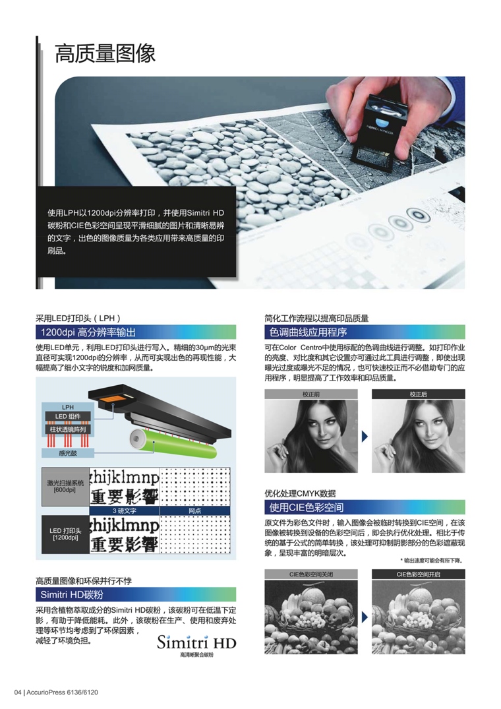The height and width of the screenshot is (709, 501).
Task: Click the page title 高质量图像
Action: [x=105, y=53]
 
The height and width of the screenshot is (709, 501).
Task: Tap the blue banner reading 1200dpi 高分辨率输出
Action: [x=135, y=332]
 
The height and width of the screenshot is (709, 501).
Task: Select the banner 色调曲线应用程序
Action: [x=365, y=332]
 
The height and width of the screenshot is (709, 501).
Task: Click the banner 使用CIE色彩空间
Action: [x=365, y=507]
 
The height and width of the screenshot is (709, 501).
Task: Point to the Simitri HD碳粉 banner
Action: [x=135, y=595]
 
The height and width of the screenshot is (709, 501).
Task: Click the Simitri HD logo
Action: [x=196, y=642]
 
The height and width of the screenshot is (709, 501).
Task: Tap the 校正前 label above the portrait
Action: [x=311, y=394]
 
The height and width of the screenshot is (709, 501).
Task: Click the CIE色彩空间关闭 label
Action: [x=311, y=574]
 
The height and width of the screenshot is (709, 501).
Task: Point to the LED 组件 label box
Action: [x=68, y=416]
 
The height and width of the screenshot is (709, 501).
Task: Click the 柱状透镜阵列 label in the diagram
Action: [x=68, y=429]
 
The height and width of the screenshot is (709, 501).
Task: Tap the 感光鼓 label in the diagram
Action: [x=68, y=453]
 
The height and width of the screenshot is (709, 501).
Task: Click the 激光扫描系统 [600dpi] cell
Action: [x=64, y=487]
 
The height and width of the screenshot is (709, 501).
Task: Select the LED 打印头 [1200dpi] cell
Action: [x=64, y=534]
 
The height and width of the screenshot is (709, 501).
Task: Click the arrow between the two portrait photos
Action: [x=364, y=436]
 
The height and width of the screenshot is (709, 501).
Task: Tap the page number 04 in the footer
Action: [x=18, y=692]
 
